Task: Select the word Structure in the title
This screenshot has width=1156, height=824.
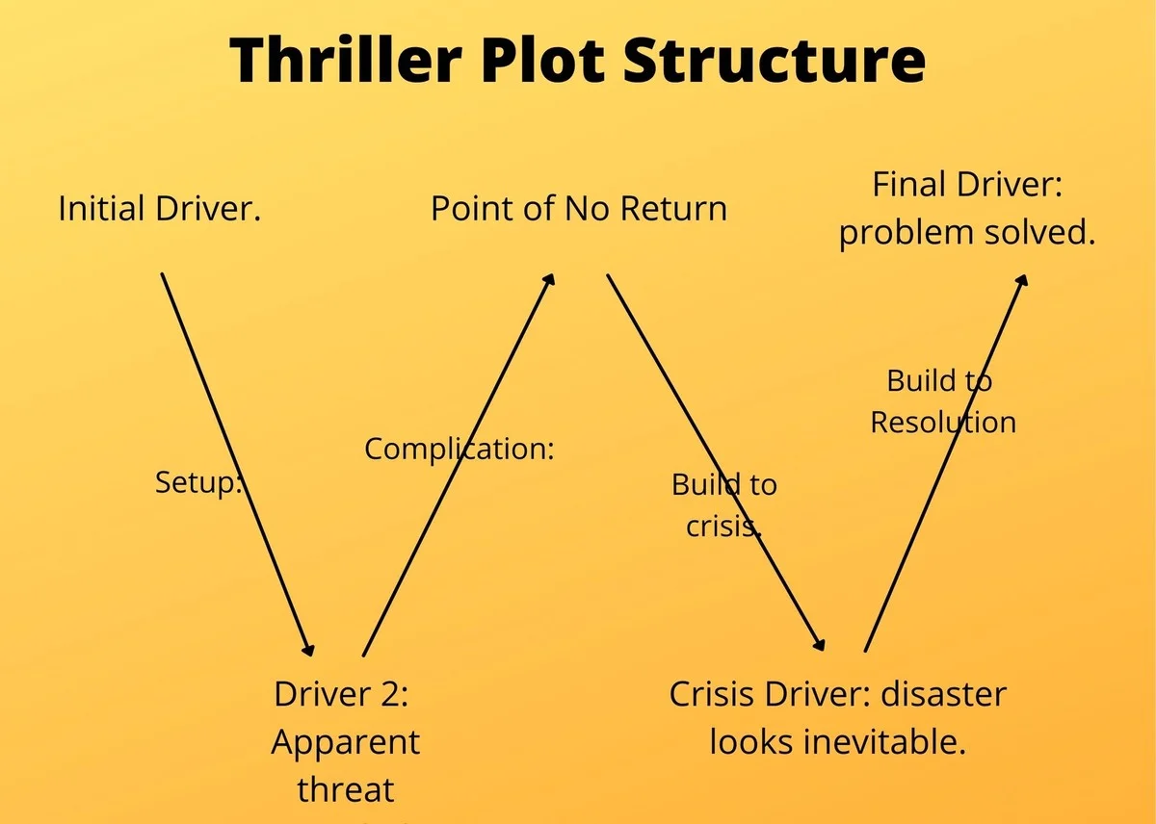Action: [775, 60]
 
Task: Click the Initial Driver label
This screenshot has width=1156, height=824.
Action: [160, 209]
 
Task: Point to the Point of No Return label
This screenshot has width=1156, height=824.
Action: [578, 209]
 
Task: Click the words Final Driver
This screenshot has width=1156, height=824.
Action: [966, 186]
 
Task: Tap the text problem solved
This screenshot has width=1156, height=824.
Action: [967, 234]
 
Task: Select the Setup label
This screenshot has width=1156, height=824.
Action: [197, 483]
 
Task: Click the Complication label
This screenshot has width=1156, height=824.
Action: [459, 449]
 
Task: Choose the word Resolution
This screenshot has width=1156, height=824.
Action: [942, 423]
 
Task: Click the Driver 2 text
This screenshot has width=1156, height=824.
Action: [341, 695]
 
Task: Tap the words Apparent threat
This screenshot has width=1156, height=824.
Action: [346, 766]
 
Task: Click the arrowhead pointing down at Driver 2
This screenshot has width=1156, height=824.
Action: [309, 650]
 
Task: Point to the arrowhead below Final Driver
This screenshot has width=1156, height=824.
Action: [1023, 278]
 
